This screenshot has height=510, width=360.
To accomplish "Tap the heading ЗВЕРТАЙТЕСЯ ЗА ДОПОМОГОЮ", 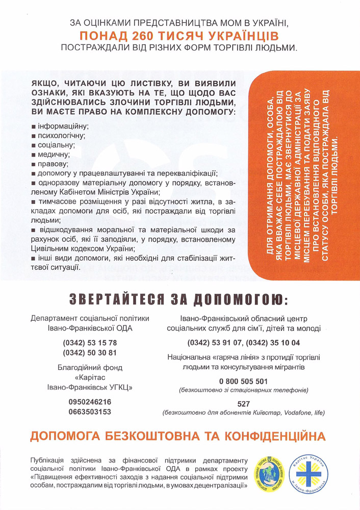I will pos(179,299).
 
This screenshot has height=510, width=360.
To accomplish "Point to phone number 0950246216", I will pos(90,402).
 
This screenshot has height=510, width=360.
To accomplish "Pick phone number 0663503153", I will pos(90,412).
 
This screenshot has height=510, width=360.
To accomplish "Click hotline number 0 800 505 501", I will pos(243,381).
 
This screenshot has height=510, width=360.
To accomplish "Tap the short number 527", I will pos(243,403).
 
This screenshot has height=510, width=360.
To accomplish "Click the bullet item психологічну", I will pos(60,136).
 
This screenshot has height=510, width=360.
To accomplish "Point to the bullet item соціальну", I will pos(55,145).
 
